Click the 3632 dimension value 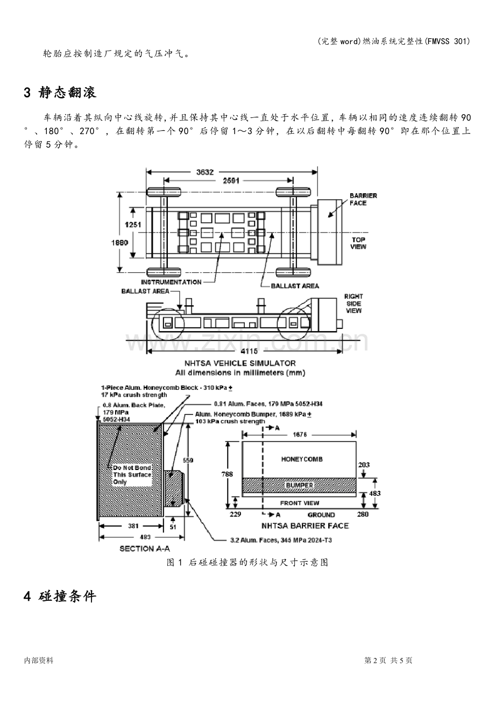coord(205,172)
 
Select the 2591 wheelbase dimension coord(231,180)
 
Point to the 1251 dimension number coord(133,225)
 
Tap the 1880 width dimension coord(120,242)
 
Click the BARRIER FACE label coord(363,199)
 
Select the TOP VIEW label coord(358,243)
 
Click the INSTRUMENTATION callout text coord(171,282)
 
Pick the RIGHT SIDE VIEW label coord(353,303)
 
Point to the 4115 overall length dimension coord(249,351)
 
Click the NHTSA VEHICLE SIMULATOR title coord(240,363)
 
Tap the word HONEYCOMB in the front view coord(302,459)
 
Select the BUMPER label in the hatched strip coord(299,485)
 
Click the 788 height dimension coord(227,474)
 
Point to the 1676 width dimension coord(300,434)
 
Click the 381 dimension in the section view coord(133,525)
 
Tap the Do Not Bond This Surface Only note coord(132,475)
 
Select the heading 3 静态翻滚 coord(60,93)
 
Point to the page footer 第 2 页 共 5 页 coord(388,660)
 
